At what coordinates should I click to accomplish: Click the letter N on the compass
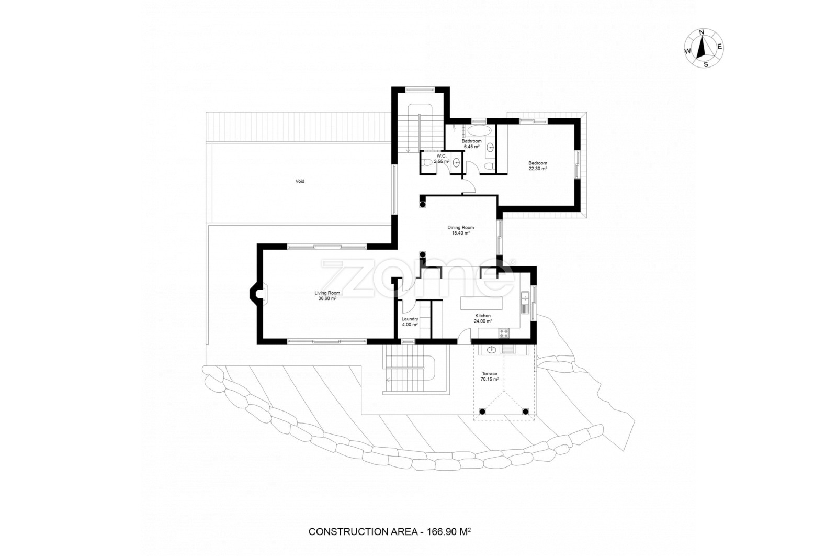tap(702, 32)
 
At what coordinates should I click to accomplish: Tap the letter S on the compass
tap(706, 64)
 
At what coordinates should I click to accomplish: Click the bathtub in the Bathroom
tap(479, 131)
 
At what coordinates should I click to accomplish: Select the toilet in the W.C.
tap(427, 163)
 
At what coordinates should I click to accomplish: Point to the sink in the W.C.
tap(456, 163)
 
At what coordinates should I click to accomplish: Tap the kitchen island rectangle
tap(482, 303)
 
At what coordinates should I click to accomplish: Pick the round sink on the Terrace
tap(492, 350)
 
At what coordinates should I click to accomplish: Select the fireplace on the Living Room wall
tap(258, 294)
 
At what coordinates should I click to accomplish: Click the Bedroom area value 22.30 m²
tap(538, 169)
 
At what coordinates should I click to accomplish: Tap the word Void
tap(300, 181)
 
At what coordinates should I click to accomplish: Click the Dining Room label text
tap(461, 227)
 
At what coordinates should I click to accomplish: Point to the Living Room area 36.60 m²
tap(327, 299)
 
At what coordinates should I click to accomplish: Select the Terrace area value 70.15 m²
tap(490, 379)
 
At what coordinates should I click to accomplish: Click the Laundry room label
tap(410, 319)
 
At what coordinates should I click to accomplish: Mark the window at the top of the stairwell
tap(421, 90)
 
